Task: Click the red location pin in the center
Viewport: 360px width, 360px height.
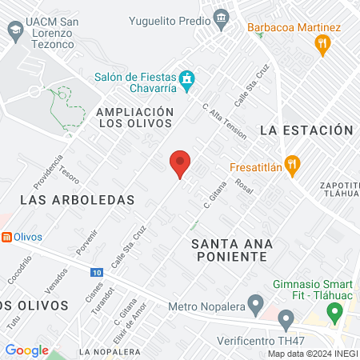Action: pos(180,164)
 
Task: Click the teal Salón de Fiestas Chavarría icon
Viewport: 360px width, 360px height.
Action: pos(187,78)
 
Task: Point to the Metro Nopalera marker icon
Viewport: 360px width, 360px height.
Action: pos(255,304)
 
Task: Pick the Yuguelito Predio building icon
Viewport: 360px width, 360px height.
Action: pos(221,16)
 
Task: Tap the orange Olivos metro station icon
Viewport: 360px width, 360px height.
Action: pos(6,237)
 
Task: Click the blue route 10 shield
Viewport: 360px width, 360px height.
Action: pos(96,273)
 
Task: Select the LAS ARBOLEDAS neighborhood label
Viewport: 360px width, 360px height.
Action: pos(77,199)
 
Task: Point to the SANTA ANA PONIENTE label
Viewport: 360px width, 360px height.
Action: pos(230,249)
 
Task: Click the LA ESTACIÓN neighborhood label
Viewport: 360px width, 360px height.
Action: pos(306,130)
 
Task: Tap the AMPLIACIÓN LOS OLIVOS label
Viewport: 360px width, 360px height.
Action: pos(134,118)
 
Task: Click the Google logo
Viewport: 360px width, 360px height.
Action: pos(26,350)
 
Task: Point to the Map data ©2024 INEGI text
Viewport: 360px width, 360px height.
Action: pos(311,354)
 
